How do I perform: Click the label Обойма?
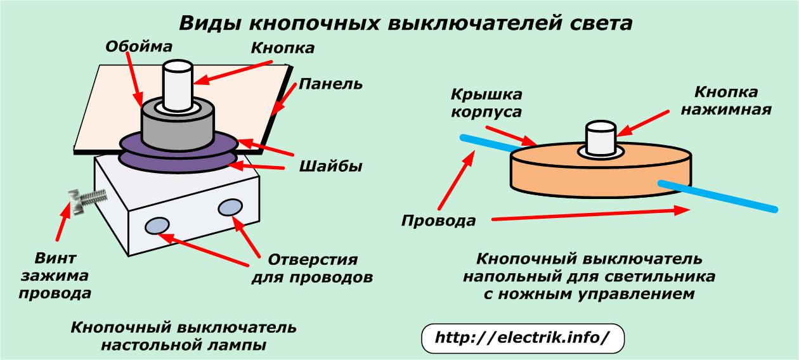[x=139, y=47]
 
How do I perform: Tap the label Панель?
[x=330, y=84]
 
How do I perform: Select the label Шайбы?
[x=330, y=167]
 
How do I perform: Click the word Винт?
[x=55, y=258]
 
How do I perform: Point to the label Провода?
[x=438, y=221]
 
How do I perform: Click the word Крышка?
[x=486, y=95]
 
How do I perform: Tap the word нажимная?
[x=726, y=110]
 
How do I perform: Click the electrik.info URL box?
[x=523, y=338]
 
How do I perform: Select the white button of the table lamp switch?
[x=178, y=86]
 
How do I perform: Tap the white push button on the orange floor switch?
[x=601, y=138]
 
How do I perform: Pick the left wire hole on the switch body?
[x=157, y=226]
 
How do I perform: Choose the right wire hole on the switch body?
[x=230, y=207]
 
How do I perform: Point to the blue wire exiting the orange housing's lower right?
[x=718, y=196]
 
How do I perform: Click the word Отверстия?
[x=313, y=260]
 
